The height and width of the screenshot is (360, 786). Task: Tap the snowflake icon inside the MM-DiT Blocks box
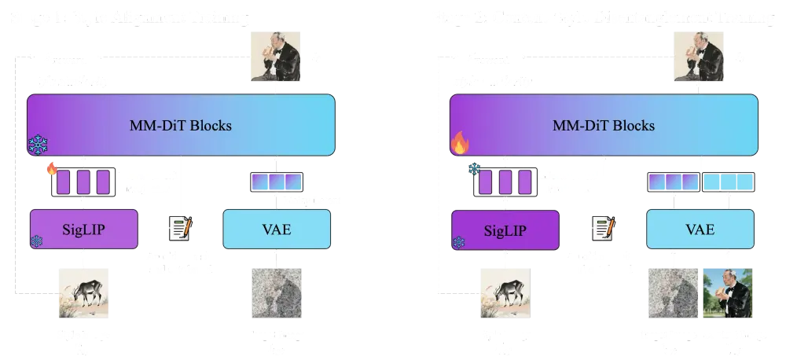click(38, 145)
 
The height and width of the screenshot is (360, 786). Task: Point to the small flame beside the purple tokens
click(52, 168)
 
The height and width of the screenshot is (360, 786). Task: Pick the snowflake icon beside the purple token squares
click(474, 168)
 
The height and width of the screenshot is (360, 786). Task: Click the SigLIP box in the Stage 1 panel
click(83, 230)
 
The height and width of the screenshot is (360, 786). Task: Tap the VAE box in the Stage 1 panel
click(274, 230)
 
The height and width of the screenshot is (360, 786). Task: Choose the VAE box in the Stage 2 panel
click(700, 230)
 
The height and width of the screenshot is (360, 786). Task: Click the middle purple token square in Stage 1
click(83, 182)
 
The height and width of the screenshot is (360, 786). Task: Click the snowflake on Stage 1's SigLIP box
click(36, 242)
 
